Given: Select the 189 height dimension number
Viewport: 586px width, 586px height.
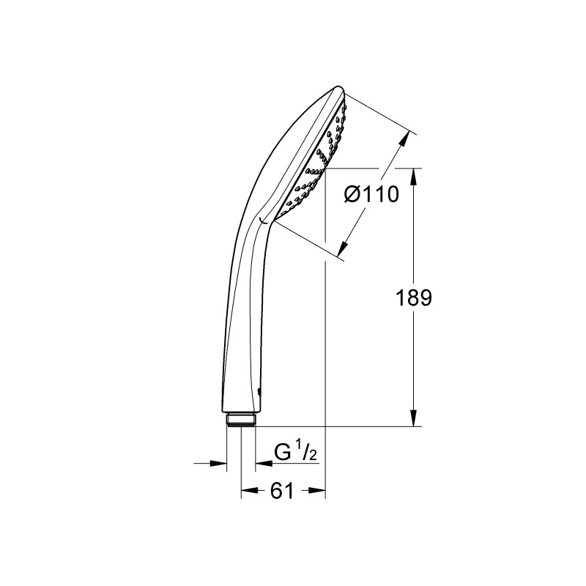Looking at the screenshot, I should pos(413,298).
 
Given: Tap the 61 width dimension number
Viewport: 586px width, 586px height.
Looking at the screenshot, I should pos(282,492).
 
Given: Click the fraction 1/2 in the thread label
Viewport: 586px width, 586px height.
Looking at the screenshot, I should pos(308,454).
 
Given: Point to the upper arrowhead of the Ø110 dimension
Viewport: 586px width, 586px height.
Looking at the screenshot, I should pos(405,138).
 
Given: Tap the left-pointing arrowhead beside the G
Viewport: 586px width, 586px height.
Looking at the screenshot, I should pos(261,463).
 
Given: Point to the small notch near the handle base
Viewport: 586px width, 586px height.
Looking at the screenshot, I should pos(261,390).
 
